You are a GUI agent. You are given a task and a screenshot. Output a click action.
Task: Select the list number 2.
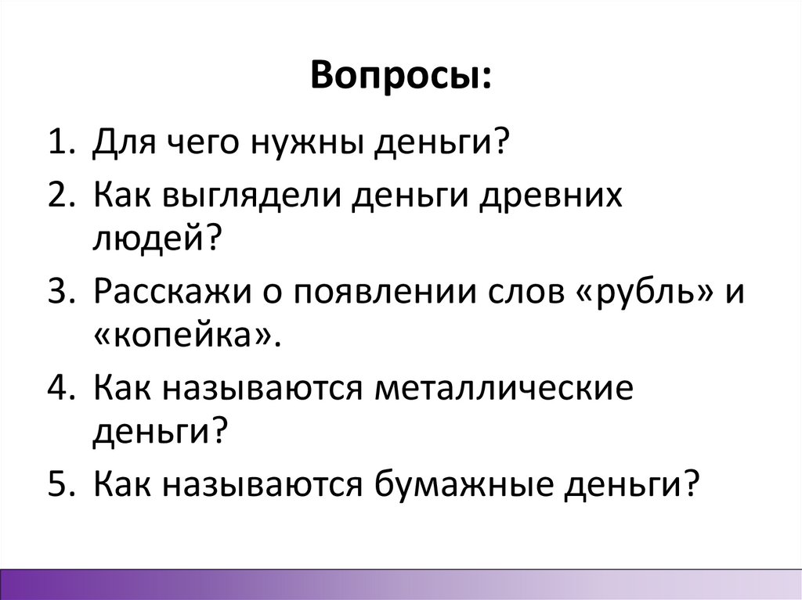60,197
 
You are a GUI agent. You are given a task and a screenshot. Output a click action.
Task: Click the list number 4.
60,389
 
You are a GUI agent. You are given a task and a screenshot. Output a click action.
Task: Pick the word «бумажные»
494,486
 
